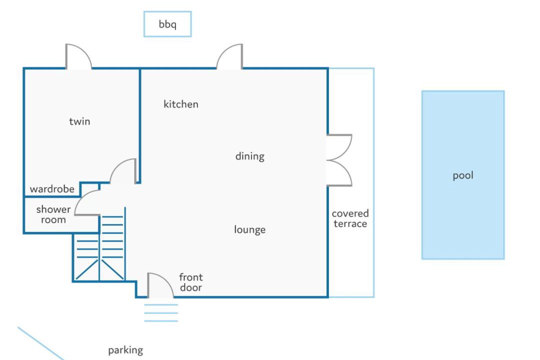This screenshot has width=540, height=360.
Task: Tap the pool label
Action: pyautogui.click(x=463, y=175)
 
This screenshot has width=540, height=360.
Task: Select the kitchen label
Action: pyautogui.click(x=181, y=104)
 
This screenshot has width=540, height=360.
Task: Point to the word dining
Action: pyautogui.click(x=249, y=156)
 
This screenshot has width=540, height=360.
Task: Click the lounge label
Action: pyautogui.click(x=249, y=229)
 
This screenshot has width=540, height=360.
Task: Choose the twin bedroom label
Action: pyautogui.click(x=79, y=121)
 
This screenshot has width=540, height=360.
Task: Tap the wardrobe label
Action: pyautogui.click(x=52, y=189)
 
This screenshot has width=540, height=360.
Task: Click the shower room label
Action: pyautogui.click(x=53, y=214)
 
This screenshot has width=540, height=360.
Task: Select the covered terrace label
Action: pyautogui.click(x=350, y=218)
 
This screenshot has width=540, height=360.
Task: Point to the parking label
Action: pyautogui.click(x=125, y=350)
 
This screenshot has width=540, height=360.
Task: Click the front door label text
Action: pyautogui.click(x=191, y=282)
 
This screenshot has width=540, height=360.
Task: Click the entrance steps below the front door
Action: pyautogui.click(x=161, y=313)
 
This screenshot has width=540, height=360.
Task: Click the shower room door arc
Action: pyautogui.click(x=80, y=198)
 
